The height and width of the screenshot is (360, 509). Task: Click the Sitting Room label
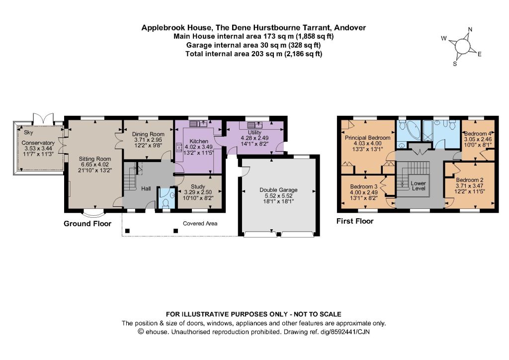click(x=95, y=159)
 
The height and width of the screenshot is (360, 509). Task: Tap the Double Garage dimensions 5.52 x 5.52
click(x=278, y=196)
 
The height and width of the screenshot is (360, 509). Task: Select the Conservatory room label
click(x=38, y=143)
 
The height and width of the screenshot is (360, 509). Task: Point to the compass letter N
click(x=470, y=29)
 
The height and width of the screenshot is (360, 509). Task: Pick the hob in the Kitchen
click(x=178, y=148)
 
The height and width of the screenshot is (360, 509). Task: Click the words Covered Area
click(x=200, y=223)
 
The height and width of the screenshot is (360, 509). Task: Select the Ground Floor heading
click(x=87, y=224)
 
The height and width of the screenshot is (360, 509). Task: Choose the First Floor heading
click(x=355, y=221)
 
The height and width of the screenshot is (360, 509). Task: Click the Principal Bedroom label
click(x=367, y=138)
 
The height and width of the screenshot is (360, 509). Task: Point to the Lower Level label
click(x=419, y=185)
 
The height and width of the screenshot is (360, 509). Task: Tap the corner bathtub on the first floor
click(x=411, y=130)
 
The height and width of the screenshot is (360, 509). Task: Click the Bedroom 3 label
click(x=363, y=186)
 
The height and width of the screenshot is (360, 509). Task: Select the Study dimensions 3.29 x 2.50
click(x=198, y=192)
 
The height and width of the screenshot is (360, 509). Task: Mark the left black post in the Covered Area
click(x=127, y=231)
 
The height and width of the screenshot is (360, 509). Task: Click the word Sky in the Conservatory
click(x=28, y=132)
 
